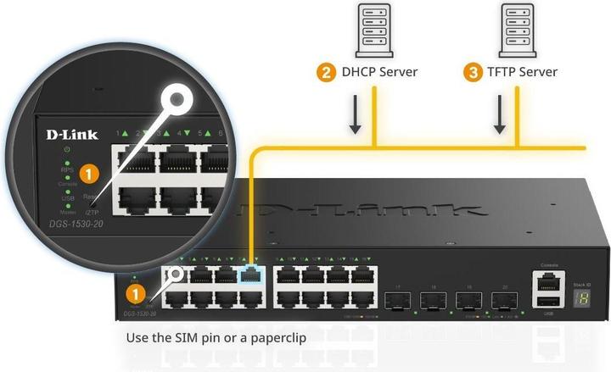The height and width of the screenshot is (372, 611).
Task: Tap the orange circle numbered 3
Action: (472, 72)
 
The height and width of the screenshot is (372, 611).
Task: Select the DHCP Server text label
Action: (379, 72)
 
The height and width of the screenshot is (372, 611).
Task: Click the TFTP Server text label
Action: (522, 72)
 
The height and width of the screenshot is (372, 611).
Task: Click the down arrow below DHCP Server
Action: (356, 119)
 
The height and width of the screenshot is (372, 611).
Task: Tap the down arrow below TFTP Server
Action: (500, 119)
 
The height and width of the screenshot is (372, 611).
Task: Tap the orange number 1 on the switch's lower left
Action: (134, 294)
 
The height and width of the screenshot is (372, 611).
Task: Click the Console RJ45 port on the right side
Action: (547, 279)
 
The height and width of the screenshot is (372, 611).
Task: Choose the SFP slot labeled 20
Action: (501, 299)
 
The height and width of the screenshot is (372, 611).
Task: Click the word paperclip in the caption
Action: (275, 338)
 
